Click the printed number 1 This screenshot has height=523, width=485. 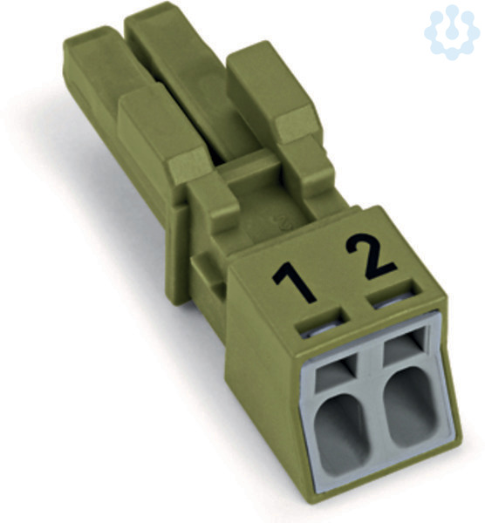coord(294,281)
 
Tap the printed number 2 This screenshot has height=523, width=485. coord(370,256)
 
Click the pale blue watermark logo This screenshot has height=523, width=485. coord(453,31)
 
